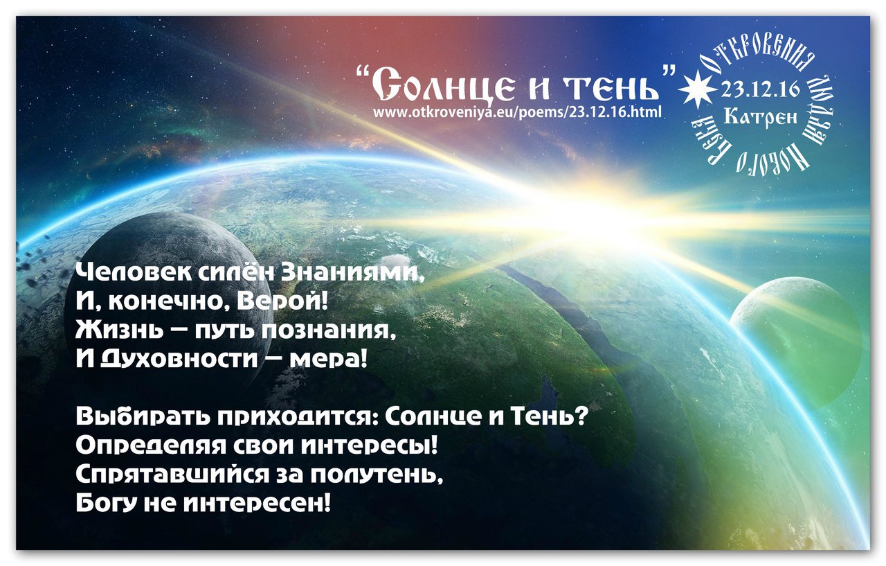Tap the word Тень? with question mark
pos(552,418)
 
